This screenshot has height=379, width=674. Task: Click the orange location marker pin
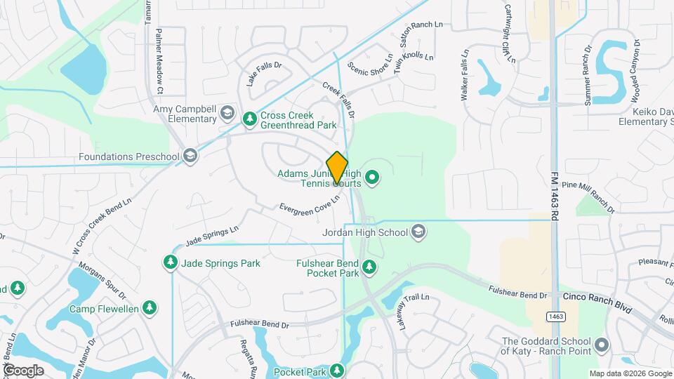tap(338, 168)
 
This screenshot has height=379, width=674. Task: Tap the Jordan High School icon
tap(418, 232)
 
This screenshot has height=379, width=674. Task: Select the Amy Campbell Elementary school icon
tap(227, 113)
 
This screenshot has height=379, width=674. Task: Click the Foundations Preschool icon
tap(190, 157)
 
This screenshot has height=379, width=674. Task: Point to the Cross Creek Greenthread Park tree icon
tap(249, 119)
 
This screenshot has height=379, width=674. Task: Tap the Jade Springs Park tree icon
tap(170, 263)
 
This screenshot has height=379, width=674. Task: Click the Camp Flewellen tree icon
tap(149, 308)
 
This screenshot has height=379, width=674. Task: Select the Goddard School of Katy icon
tap(601, 345)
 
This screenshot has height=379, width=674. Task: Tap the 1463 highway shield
tap(556, 317)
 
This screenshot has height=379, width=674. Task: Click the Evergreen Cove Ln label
tap(310, 205)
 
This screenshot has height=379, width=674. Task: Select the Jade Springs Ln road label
tap(212, 236)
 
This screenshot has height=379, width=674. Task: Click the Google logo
tap(23, 370)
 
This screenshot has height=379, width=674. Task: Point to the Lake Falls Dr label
tap(264, 75)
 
